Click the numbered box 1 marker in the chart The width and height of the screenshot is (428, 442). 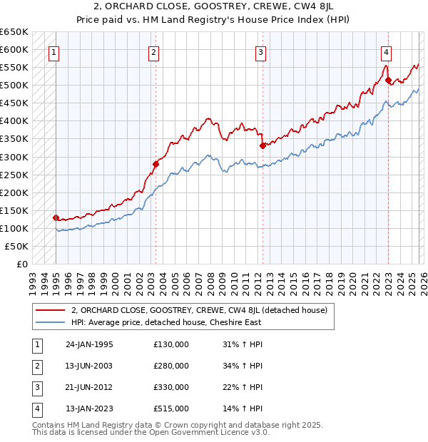(x=54, y=51)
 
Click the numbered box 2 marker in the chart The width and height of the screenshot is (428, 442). (x=154, y=51)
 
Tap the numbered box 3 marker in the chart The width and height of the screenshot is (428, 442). (x=261, y=51)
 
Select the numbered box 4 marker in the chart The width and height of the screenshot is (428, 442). (x=385, y=51)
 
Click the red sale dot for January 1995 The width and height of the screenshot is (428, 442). (x=56, y=217)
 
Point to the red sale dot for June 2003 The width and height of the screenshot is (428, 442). (x=156, y=164)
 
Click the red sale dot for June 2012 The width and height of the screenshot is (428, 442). (x=263, y=145)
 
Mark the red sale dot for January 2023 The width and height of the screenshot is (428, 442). (x=388, y=81)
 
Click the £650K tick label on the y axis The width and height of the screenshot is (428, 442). (x=14, y=32)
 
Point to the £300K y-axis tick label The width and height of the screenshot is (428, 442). (x=14, y=157)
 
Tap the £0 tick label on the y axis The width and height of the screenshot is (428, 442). (x=21, y=264)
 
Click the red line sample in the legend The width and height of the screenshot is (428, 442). (x=50, y=310)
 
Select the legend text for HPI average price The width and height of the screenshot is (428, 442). (x=166, y=322)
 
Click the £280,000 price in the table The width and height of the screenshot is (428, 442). (x=171, y=366)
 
